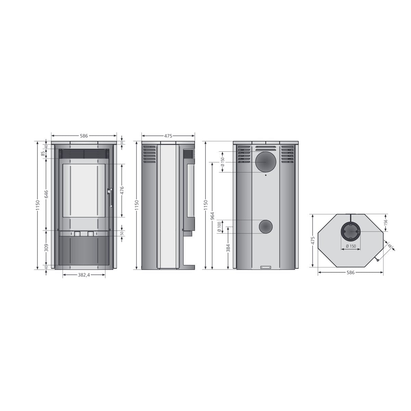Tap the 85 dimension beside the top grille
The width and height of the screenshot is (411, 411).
[43, 154]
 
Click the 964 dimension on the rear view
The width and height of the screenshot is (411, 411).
[213, 216]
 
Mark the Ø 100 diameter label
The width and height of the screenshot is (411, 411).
[220, 227]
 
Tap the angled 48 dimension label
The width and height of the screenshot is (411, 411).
[389, 246]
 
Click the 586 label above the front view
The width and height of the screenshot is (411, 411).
[84, 136]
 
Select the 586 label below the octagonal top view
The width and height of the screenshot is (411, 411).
[350, 273]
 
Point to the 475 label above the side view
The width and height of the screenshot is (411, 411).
[168, 136]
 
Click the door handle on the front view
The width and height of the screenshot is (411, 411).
[110, 198]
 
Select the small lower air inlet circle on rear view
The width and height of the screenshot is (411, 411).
[266, 227]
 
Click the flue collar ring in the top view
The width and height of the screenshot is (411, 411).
[350, 232]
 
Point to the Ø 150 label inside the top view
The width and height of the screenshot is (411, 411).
[350, 246]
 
